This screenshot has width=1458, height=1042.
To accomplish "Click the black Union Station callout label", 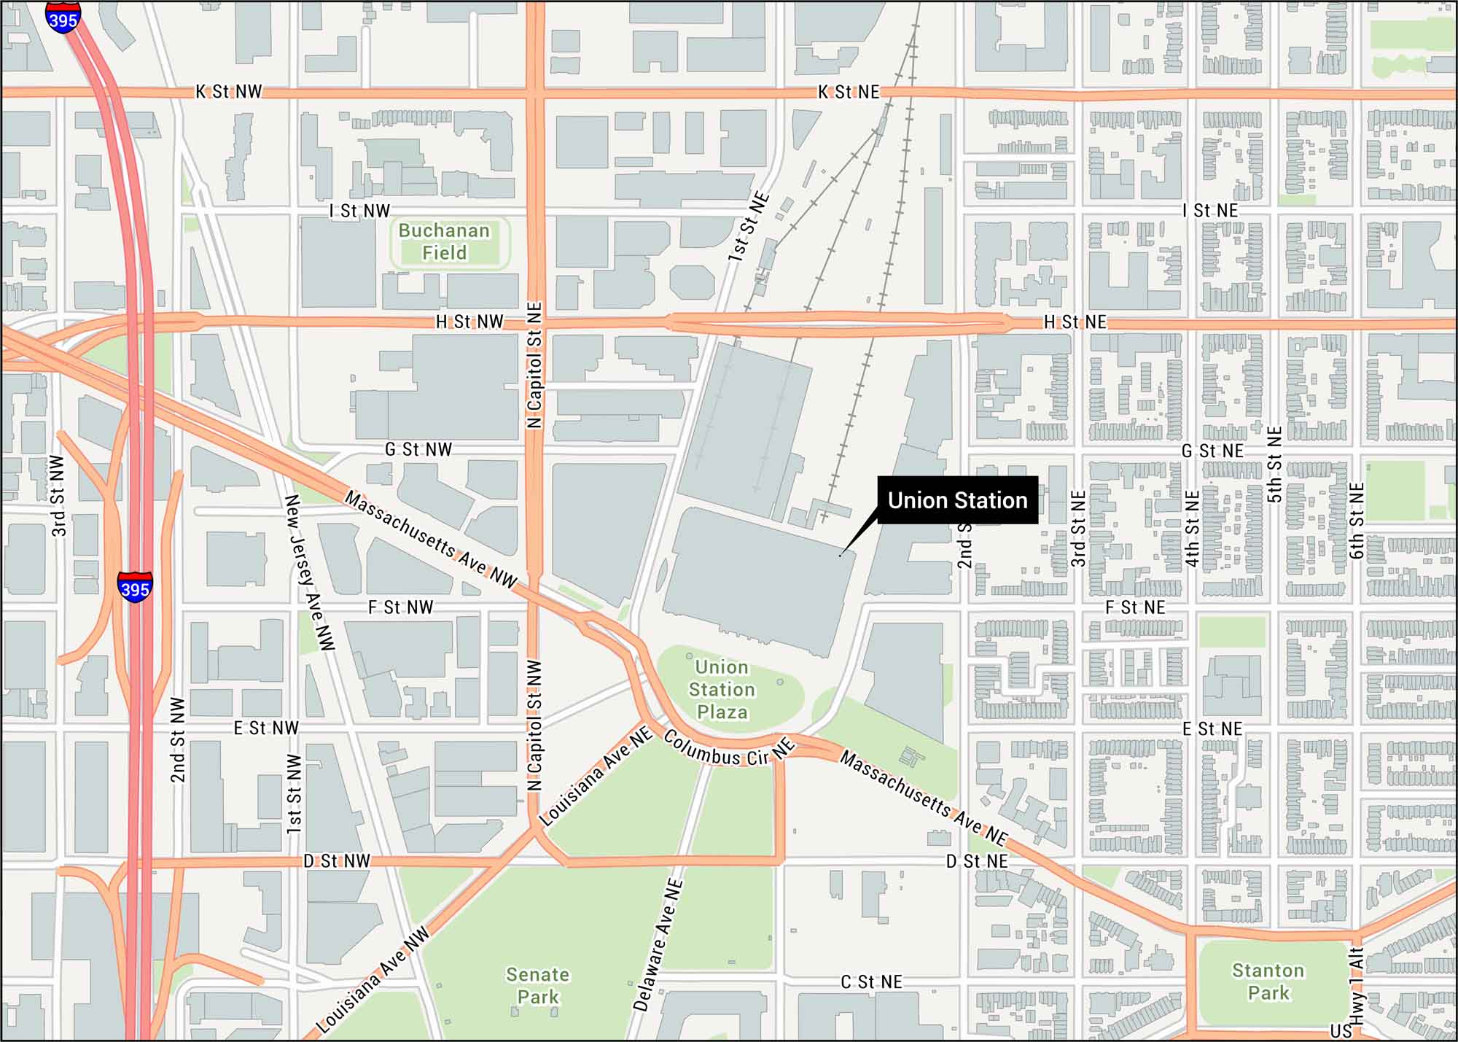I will coord(957,500).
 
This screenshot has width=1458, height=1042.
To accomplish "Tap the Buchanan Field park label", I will coord(444,241).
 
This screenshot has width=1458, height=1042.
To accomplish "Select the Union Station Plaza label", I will coord(722,689).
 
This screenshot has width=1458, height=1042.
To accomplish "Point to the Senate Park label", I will coord(537,985).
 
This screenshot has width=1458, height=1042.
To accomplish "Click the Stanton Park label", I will coord(1268,981).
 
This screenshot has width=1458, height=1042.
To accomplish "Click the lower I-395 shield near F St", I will coord(135,587).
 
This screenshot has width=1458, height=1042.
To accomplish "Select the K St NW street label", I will coord(228,92).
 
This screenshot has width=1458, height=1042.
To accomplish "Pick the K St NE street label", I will coord(849,92).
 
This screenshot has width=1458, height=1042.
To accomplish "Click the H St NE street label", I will coord(1075,322).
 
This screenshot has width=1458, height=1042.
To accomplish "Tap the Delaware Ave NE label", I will coord(658,945).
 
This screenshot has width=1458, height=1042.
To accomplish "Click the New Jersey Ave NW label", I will coord(309,572).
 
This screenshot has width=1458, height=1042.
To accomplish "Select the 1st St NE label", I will coord(749,227).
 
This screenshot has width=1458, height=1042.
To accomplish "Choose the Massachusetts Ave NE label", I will coord(924,798).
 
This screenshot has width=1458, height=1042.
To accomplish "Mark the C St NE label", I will coord(871,982).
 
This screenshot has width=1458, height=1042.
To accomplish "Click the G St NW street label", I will coord(418,449).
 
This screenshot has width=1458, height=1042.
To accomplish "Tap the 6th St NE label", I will coord(1356,521).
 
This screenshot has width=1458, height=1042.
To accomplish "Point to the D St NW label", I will coord(336,861).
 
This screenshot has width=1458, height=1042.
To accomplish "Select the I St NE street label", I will coord(1210,211).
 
